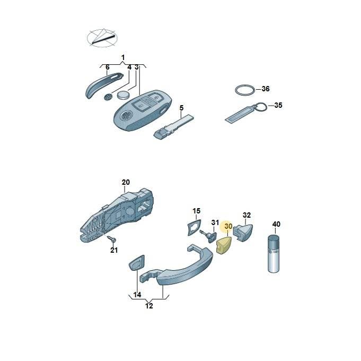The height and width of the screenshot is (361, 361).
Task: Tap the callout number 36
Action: (x=266, y=89)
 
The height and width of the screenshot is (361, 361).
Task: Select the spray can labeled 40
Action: (x=274, y=254)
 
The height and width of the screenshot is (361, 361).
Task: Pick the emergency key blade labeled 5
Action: (x=173, y=127)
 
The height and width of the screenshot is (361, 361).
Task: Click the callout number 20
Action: (x=126, y=182)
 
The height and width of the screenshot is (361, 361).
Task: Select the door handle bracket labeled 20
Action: (x=117, y=216)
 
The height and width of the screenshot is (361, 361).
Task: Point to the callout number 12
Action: (x=149, y=306)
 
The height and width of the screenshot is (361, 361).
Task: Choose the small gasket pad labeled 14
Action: (x=137, y=262)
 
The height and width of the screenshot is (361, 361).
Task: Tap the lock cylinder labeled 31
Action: (x=209, y=236)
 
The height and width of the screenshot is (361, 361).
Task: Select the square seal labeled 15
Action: (x=195, y=227)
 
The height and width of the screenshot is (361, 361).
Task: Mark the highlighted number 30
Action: (x=228, y=226)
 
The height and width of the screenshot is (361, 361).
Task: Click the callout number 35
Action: (x=278, y=105)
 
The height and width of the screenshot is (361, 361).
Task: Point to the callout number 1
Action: (x=123, y=57)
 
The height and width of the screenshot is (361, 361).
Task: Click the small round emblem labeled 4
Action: (x=108, y=97)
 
